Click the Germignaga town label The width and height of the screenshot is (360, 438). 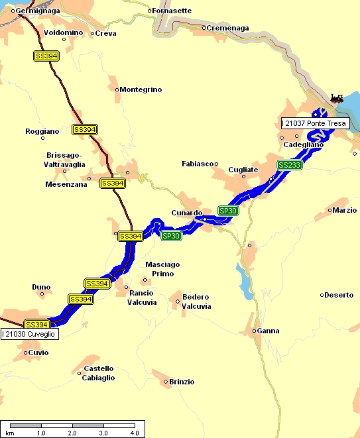click(37, 11)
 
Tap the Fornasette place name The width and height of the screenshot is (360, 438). click(172, 11)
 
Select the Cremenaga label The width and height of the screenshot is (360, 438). click(227, 28)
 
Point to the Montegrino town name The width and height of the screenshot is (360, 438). click(141, 89)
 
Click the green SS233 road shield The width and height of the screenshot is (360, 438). click(290, 165)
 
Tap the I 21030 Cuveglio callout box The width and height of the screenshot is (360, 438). click(30, 334)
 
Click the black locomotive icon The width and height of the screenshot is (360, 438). click(337, 99)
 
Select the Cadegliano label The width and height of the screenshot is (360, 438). click(303, 144)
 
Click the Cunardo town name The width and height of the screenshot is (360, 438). click(186, 213)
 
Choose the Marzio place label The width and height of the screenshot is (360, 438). click(345, 211)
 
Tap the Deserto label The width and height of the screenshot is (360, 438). click(339, 295)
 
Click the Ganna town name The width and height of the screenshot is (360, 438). click(269, 331)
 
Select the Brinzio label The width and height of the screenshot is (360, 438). click(182, 382)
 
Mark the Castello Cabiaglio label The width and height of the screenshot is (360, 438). click(99, 373)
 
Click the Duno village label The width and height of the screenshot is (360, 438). click(40, 287)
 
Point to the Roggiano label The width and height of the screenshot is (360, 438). click(42, 131)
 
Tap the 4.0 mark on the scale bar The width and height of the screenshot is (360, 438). click(134, 433)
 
